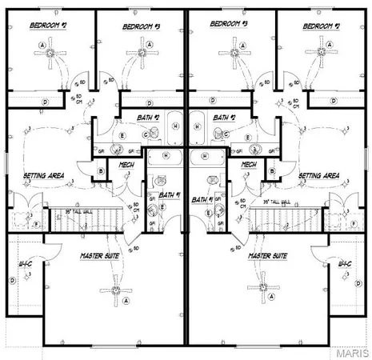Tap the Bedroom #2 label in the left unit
click(47, 25)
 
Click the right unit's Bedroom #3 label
click(229, 24)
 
